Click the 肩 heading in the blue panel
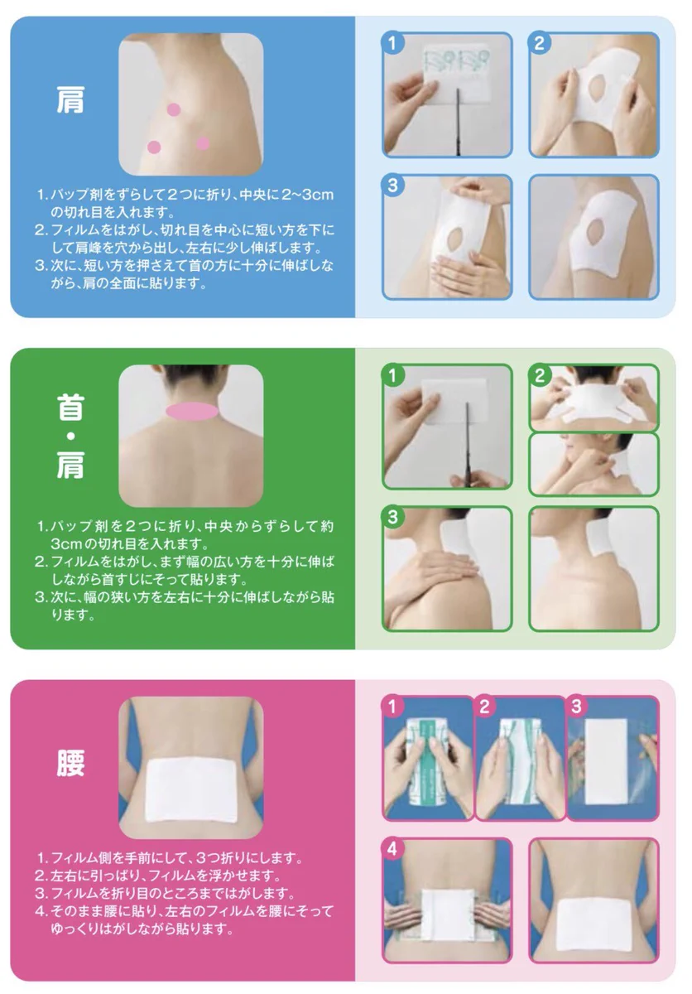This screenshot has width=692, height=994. coord(70,102)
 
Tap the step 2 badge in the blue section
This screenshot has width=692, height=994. coord(539,43)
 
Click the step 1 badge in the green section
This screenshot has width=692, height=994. coord(392,375)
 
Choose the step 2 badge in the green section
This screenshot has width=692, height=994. coord(539,375)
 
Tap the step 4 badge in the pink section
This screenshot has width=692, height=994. coord(392,849)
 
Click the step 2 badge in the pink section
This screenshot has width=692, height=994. coord(485,707)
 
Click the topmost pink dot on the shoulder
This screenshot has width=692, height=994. coord(174,109)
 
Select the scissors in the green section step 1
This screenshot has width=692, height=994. coord(468,447)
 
